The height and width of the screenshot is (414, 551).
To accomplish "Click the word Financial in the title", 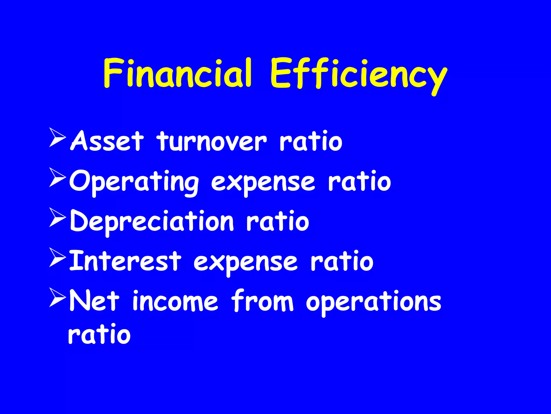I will coord(178,73).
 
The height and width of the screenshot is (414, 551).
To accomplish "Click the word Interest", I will coord(125,261).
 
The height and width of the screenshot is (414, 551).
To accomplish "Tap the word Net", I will coord(94,301).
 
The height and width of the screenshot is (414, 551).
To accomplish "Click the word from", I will coord(262,301).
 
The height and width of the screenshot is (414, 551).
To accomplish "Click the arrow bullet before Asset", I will coord(57,138).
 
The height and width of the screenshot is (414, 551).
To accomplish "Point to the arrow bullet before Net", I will coord(57,297).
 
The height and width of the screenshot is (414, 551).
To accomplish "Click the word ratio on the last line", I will coord(99,334).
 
